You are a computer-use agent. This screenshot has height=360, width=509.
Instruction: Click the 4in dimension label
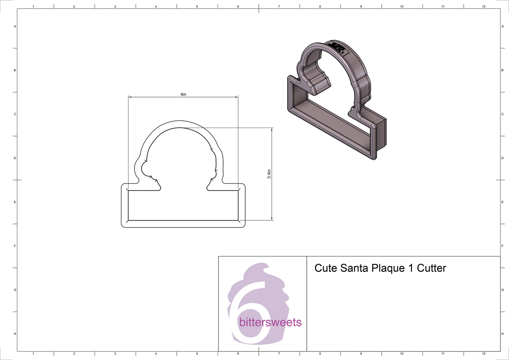tap(183, 95)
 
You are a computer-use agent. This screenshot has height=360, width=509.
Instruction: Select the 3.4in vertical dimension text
tap(269, 174)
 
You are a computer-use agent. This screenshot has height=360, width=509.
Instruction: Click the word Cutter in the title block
tap(431, 268)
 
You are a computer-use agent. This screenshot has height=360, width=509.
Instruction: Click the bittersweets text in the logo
tap(270, 322)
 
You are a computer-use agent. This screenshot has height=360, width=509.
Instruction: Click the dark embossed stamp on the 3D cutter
tap(338, 47)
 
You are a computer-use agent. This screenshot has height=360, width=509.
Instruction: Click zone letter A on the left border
tap(15, 26)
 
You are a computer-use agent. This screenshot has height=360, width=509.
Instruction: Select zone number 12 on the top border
tap(484, 7)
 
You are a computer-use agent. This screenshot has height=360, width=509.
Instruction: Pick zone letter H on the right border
tap(502, 334)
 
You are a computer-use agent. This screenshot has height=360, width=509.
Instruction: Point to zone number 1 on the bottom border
tap(33, 353)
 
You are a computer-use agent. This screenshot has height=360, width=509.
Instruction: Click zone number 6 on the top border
tap(238, 7)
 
